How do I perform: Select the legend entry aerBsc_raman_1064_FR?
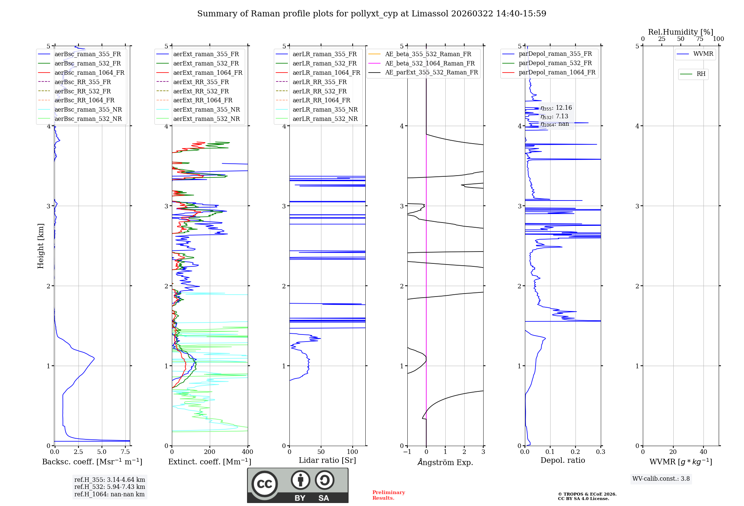point(89,73)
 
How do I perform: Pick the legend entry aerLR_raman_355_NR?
point(325,110)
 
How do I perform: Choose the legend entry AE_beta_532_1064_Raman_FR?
point(430,64)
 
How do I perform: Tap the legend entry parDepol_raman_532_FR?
point(555,63)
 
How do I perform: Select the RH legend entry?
point(701,74)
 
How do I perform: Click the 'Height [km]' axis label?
point(41,246)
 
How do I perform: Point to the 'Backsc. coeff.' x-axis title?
point(92,462)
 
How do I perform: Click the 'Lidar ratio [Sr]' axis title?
point(327,460)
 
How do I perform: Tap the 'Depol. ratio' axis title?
point(562,460)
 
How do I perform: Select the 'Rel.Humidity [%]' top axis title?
point(680,32)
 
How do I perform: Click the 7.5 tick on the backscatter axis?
point(125,452)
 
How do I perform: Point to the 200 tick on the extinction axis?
point(210,452)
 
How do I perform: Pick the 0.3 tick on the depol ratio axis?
point(600,452)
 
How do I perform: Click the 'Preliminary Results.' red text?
point(388,495)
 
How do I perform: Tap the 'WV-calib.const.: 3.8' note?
point(661,479)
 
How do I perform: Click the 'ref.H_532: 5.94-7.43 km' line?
point(109,487)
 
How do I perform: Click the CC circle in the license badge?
point(264,484)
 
